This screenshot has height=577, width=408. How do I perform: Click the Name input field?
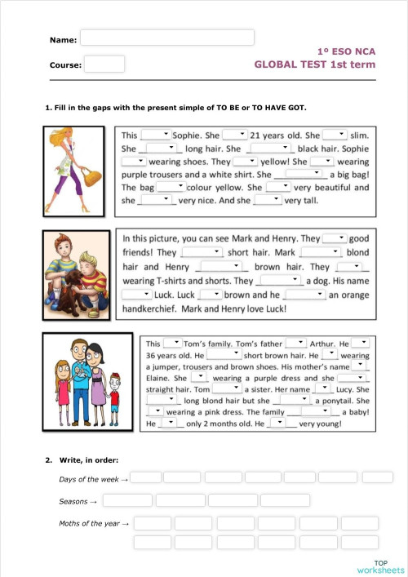click(x=167, y=38)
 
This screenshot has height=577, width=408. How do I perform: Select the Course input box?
click(x=104, y=64)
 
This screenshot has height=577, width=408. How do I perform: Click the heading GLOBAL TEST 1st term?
click(x=315, y=64)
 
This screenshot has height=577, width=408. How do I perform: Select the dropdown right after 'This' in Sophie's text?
click(x=155, y=135)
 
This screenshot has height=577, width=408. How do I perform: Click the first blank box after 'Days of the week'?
click(x=146, y=477)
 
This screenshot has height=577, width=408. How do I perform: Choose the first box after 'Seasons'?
click(x=127, y=500)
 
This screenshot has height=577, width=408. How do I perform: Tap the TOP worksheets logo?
click(x=380, y=567)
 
